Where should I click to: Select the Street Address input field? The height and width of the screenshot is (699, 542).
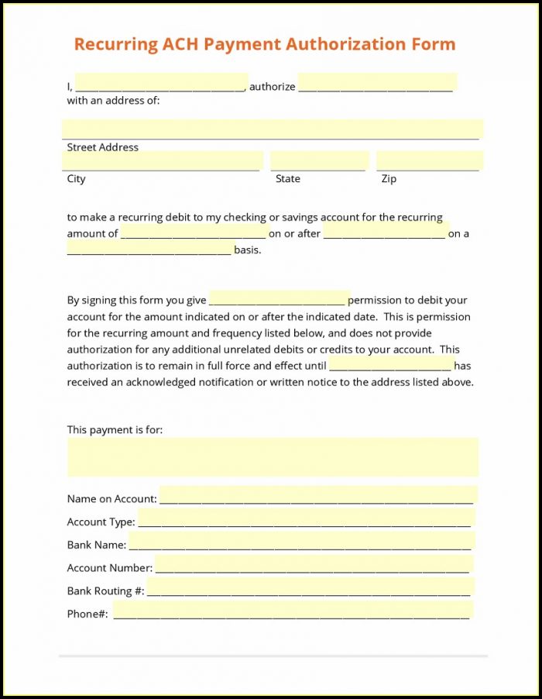[x=272, y=129]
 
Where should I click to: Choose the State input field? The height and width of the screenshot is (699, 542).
[x=318, y=160]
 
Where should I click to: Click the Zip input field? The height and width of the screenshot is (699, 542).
[x=429, y=160]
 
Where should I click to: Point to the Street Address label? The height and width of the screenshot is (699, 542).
[x=102, y=147]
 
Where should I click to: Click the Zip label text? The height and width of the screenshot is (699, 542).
[x=389, y=179]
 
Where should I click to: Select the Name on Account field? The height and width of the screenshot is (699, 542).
[x=317, y=495]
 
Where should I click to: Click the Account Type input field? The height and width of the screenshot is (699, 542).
[x=306, y=518]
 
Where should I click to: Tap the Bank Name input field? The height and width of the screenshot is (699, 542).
[x=301, y=541]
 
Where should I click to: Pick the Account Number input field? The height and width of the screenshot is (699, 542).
[x=314, y=564]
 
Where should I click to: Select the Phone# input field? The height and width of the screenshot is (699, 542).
[x=293, y=610]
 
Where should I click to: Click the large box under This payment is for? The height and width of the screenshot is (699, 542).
[x=272, y=456]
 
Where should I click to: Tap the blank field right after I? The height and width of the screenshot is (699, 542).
[x=161, y=83]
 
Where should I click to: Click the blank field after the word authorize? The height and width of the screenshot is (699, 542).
[x=376, y=82]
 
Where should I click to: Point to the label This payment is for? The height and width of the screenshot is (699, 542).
[x=115, y=429]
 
